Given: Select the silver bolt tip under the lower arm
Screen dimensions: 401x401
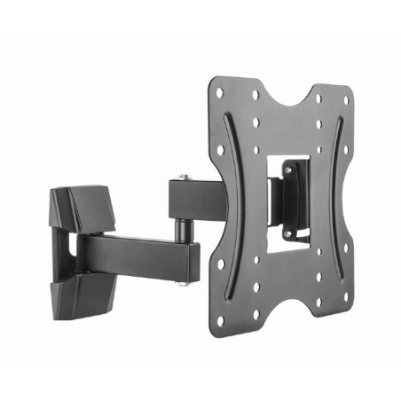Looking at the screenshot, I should coord(185,283).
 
